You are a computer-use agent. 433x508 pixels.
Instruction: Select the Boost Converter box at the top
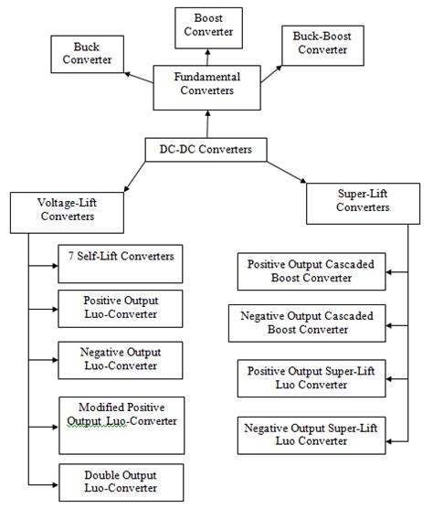[x=208, y=25]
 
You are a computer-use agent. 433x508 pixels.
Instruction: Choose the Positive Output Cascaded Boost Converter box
[x=307, y=272]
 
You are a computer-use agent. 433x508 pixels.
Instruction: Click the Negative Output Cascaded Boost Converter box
[x=306, y=324]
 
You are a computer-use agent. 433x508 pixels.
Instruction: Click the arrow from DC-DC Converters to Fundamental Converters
[x=208, y=122]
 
